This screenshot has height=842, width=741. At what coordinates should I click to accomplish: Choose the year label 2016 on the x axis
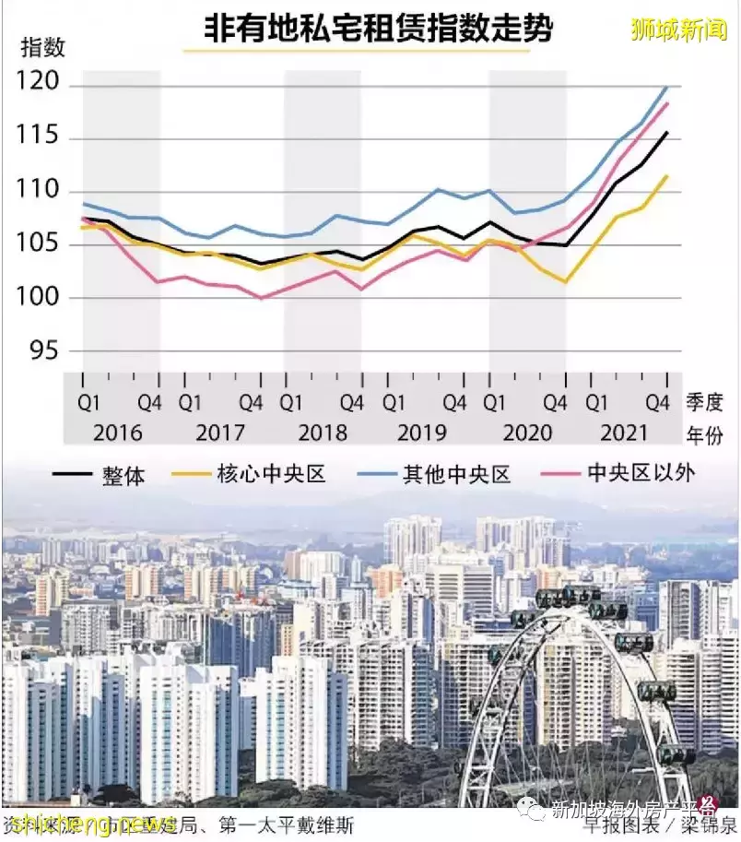(x=118, y=433)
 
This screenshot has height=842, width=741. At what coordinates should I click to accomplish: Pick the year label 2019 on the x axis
(x=423, y=433)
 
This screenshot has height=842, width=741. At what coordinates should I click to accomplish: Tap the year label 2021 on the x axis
(x=624, y=433)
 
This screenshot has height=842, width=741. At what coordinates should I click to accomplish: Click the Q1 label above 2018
(x=291, y=403)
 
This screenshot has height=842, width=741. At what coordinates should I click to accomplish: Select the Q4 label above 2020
(x=554, y=403)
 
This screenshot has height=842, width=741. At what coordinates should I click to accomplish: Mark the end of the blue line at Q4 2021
(x=667, y=87)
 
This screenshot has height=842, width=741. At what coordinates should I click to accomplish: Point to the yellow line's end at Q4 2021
(x=667, y=175)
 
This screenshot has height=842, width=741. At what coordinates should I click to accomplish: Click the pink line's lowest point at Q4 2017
(x=262, y=298)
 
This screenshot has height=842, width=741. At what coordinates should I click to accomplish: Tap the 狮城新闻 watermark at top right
(x=679, y=30)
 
